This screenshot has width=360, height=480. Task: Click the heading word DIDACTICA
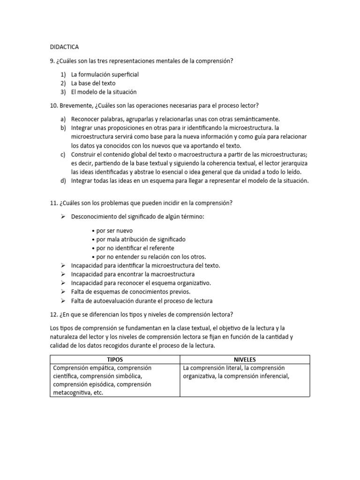coord(64,47)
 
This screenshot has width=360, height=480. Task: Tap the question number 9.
coord(52,61)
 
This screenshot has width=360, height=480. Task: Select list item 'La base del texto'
coord(93,83)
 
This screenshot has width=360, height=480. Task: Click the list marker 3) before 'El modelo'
coord(63,92)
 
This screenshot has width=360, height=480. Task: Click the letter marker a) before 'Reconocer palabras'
coord(63,119)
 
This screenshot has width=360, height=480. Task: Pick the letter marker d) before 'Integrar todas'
coord(63,181)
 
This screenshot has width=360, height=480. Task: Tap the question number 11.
coord(53,202)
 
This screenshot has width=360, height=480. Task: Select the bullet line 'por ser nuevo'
coord(114,231)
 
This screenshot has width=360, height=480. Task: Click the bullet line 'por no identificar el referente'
coord(135,248)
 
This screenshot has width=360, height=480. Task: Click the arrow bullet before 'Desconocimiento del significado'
coord(63,217)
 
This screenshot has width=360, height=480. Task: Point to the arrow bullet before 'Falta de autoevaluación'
coord(63,300)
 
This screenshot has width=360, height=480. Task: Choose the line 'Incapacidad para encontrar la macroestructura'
coord(133,274)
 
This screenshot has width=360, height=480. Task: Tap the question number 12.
coord(53,314)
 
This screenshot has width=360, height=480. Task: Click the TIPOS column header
coord(115,360)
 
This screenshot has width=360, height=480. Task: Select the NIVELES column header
coord(245,360)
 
